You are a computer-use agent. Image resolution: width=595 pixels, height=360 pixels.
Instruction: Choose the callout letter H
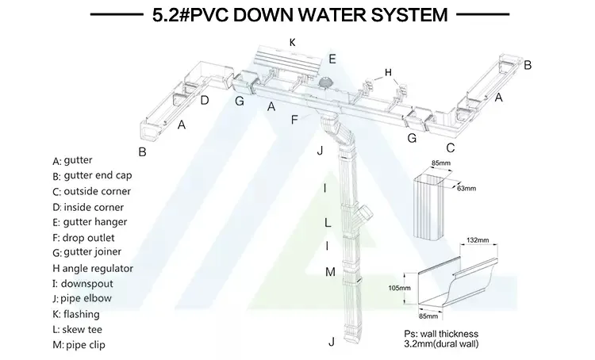coord(388,73)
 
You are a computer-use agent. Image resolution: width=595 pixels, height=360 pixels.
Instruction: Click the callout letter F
coord(295,121)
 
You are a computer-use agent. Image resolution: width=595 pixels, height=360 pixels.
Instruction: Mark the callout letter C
coord(450,147)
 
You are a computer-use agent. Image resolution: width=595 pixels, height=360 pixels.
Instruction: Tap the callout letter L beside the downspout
coord(326,223)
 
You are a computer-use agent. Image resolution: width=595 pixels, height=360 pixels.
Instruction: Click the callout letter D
coord(205,100)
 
